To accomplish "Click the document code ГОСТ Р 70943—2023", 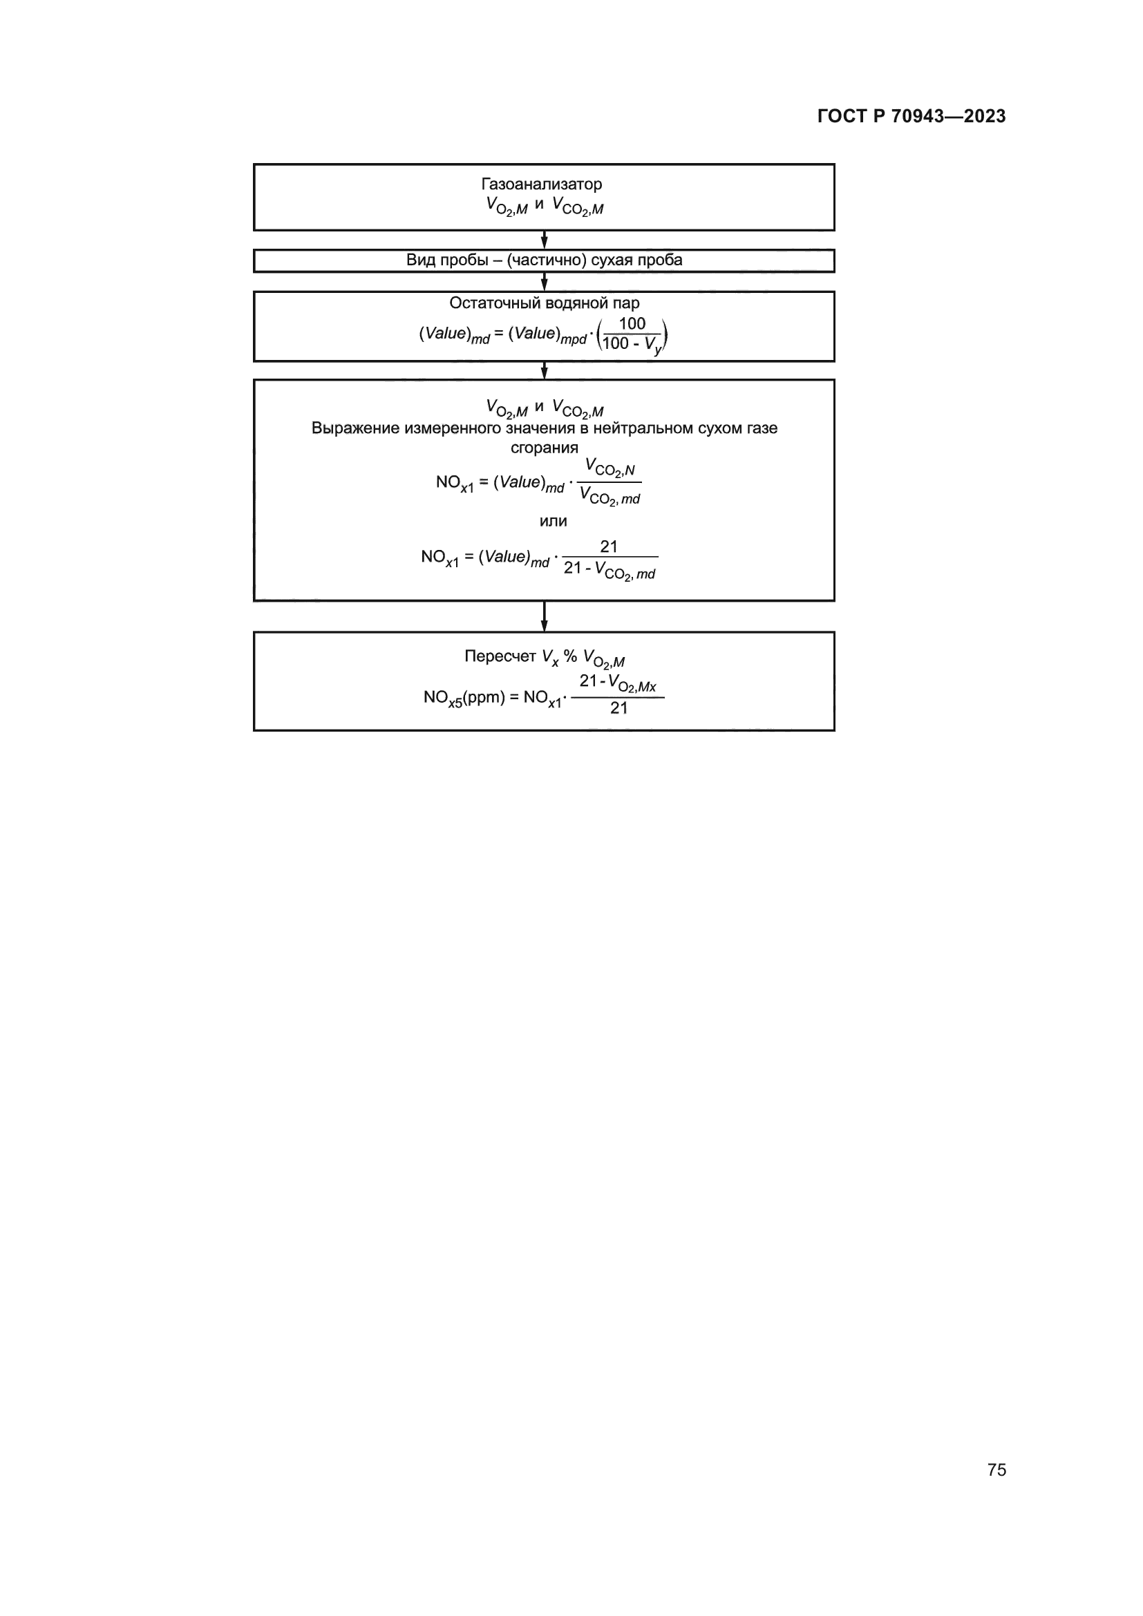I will pos(911,116).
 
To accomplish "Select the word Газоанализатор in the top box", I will pos(541,184).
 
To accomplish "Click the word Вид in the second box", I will pos(420,260).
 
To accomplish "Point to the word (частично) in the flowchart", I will pos(546,260).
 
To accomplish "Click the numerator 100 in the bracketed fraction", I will pos(632,324).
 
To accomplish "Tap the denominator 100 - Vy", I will pos(632,345).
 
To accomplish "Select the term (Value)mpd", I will pos(547,335).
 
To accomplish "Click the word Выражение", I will pos(355,428).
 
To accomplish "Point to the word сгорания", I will pos(544,448).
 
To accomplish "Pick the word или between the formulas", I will pos(553,522).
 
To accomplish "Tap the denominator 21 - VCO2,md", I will pos(609,570).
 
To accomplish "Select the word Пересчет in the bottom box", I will pos(500,656).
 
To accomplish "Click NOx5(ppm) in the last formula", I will pos(464,698).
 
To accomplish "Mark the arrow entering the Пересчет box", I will pos(544,617).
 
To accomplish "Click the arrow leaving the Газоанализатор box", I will pos(544,240).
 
